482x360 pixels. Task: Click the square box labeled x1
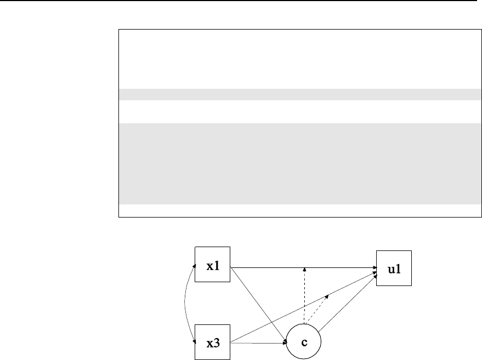point(213,265)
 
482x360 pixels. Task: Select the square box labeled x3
point(213,343)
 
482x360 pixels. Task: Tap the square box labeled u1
point(393,268)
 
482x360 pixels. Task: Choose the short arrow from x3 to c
point(258,344)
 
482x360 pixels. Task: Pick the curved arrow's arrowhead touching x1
point(194,265)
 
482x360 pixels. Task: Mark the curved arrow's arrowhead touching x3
point(194,342)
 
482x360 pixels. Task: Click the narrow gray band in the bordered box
point(296,94)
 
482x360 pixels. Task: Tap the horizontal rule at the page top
point(241,1)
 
